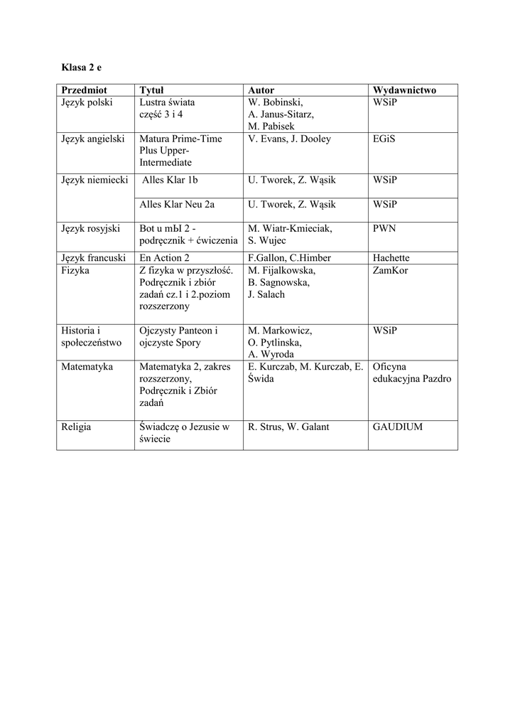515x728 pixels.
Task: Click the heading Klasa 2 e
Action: [82, 68]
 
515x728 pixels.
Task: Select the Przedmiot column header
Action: [84, 90]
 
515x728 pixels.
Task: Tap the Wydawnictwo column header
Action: [404, 90]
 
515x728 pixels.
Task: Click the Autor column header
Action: [261, 90]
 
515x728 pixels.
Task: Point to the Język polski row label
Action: [87, 102]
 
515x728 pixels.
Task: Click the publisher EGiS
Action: [384, 139]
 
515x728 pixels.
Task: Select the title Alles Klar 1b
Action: [170, 181]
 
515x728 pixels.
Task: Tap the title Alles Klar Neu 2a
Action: [178, 205]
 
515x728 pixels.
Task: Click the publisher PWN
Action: [384, 229]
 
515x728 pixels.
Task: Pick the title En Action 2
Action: [165, 258]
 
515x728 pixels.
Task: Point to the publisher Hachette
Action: [391, 258]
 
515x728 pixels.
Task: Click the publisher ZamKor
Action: [390, 270]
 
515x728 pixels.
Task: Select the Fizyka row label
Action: [76, 270]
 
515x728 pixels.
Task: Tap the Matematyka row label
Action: [87, 367]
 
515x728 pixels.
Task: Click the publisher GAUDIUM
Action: [397, 427]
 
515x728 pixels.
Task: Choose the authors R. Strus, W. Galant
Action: [288, 427]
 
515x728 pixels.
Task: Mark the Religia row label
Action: [76, 427]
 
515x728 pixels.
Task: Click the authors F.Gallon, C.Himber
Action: [290, 258]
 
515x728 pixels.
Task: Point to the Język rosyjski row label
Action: [91, 229]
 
